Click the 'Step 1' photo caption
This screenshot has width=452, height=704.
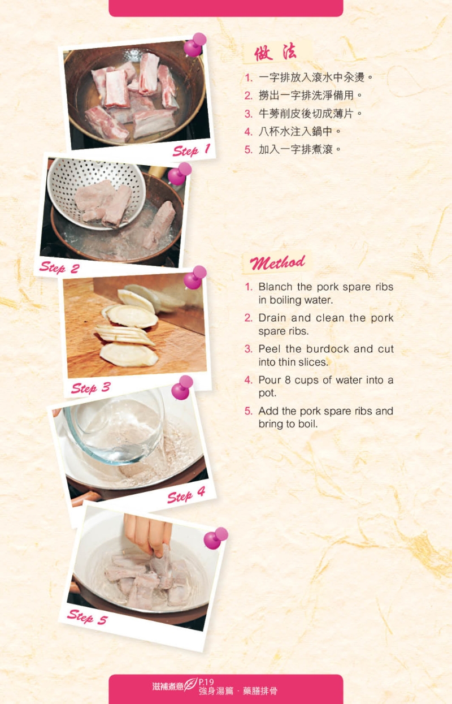click(192, 150)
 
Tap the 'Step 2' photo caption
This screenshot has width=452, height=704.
click(59, 268)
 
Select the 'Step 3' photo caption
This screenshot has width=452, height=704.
click(91, 388)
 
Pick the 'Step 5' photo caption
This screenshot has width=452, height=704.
click(88, 617)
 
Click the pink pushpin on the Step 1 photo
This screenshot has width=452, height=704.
click(195, 45)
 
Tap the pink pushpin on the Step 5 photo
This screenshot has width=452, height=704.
click(216, 538)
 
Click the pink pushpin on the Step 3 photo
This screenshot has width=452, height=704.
click(195, 277)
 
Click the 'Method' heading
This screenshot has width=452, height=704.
click(277, 263)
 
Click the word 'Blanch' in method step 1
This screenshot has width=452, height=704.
click(275, 287)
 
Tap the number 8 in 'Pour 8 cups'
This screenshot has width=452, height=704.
click(288, 380)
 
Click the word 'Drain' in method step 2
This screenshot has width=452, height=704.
click(272, 318)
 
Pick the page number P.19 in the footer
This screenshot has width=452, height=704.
click(206, 681)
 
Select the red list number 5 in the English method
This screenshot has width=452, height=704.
click(249, 411)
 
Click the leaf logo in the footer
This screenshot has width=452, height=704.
click(191, 684)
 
